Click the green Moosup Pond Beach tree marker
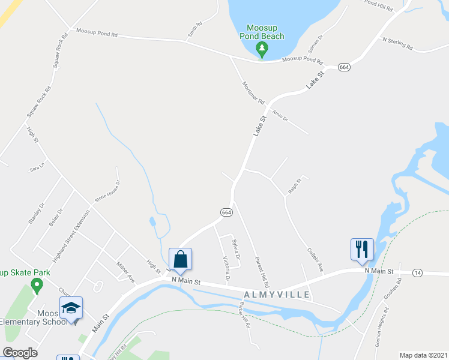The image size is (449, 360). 262,48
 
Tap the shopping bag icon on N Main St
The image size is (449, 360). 180,260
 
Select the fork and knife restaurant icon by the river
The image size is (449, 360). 362,249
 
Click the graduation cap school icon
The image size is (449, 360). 71,308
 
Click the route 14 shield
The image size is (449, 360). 417,273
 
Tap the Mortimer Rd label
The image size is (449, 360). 253,90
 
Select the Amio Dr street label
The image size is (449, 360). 280,114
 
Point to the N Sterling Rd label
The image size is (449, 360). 398,43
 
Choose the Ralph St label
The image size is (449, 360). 294,186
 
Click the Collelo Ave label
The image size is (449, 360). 315,260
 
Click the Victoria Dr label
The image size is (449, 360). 226,269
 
